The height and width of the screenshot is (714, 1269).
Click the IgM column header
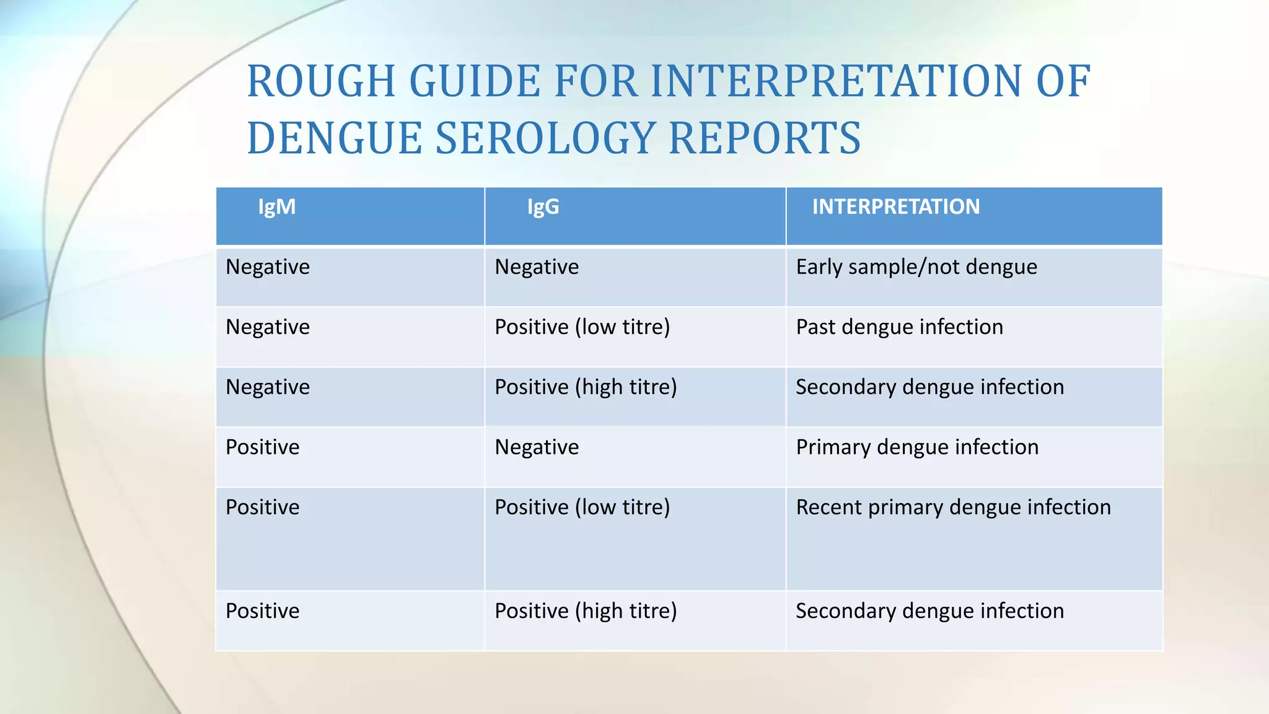(277, 207)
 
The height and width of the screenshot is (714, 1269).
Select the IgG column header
(543, 207)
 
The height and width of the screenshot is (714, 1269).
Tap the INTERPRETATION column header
(896, 207)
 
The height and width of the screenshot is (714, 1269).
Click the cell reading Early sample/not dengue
(916, 267)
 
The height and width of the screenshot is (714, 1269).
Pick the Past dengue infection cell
(899, 327)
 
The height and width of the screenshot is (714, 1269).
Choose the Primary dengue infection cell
(917, 447)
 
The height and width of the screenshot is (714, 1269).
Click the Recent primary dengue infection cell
(953, 508)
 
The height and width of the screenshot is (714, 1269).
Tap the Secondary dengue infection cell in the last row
(929, 611)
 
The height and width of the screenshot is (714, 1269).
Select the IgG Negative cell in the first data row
(537, 267)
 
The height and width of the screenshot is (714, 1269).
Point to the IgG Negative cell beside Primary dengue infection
(537, 447)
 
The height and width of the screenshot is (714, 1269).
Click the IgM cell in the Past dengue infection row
(268, 327)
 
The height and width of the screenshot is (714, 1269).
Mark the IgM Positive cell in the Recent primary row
(263, 508)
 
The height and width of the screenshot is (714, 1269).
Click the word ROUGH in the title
(321, 81)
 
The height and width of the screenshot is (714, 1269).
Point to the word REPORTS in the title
(765, 138)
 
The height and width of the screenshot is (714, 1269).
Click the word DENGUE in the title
(334, 138)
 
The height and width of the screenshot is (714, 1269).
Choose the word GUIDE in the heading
(475, 81)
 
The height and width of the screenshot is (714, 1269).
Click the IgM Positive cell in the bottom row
(263, 611)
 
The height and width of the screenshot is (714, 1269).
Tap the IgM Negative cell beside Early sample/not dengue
(268, 267)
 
